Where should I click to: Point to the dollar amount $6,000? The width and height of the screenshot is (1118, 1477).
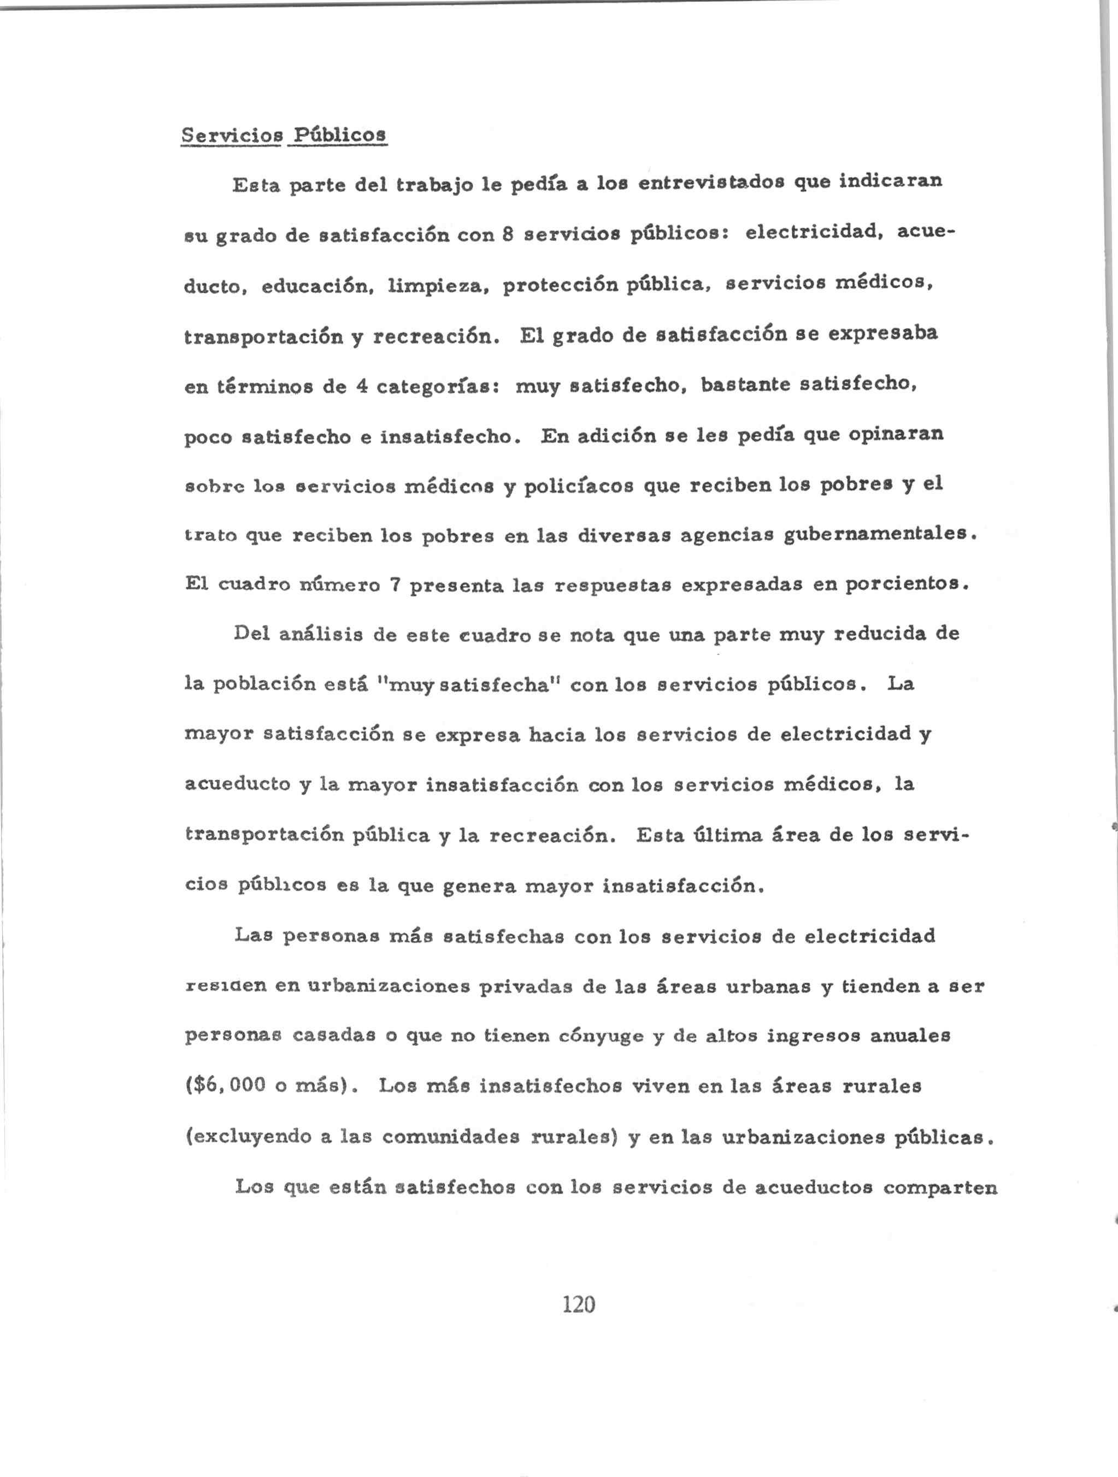point(225,1086)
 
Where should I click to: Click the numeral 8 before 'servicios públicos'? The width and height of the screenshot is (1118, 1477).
point(507,234)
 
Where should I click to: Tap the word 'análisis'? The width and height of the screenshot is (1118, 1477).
point(321,634)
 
